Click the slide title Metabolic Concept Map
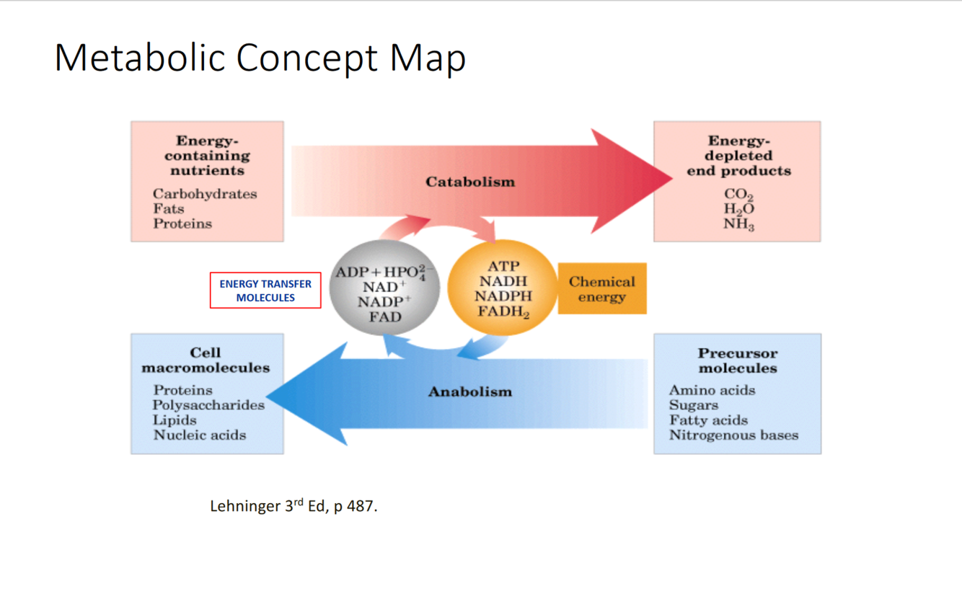click(x=260, y=58)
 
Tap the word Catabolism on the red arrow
click(x=470, y=182)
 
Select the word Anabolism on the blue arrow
click(x=470, y=392)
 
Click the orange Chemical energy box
click(x=602, y=289)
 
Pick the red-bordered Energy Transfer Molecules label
click(x=265, y=291)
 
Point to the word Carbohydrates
click(x=205, y=194)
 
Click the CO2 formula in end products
click(x=738, y=195)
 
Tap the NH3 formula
click(x=738, y=225)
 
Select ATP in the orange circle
click(x=503, y=267)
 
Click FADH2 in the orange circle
click(x=503, y=312)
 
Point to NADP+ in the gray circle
click(x=384, y=301)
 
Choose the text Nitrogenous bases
click(x=733, y=435)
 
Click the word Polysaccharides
click(x=208, y=405)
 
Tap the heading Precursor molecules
click(x=737, y=360)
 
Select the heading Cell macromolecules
click(x=206, y=360)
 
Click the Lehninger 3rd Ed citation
click(x=294, y=506)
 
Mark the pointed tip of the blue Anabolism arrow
click(x=269, y=395)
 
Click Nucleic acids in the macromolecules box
click(x=200, y=435)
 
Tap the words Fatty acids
click(x=708, y=420)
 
